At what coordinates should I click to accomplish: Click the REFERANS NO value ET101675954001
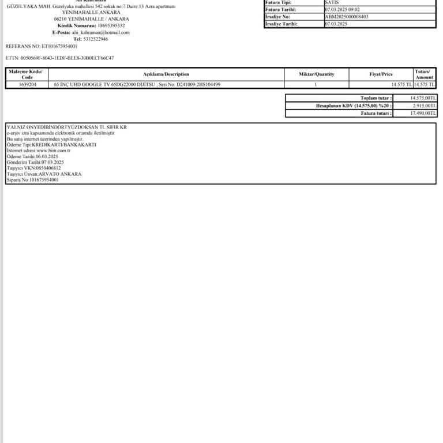(59, 46)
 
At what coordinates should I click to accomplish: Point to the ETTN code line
(59, 58)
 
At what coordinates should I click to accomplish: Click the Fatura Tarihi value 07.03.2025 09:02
(342, 10)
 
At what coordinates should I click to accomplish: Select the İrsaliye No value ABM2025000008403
(346, 17)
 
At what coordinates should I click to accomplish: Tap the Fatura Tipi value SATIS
(332, 3)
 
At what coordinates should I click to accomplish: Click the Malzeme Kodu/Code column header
(27, 74)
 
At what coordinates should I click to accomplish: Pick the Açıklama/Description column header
(166, 74)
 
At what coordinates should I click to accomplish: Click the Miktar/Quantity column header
(316, 74)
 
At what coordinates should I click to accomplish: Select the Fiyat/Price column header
(381, 74)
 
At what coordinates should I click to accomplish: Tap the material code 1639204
(28, 85)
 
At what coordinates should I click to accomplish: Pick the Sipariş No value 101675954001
(44, 180)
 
